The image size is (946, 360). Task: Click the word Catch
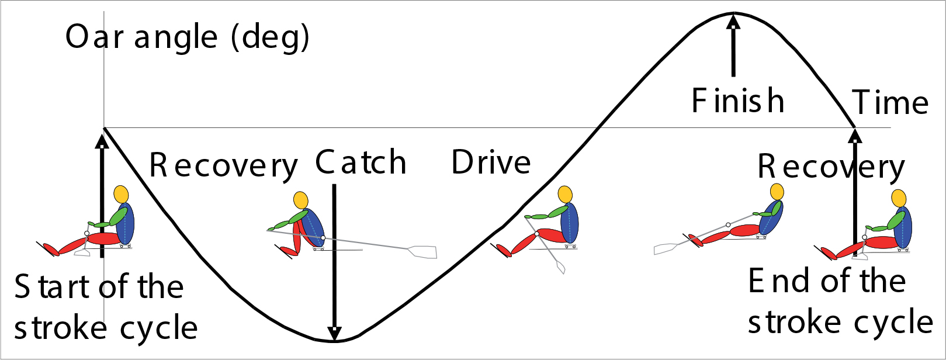click(361, 162)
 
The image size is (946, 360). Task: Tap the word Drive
click(491, 162)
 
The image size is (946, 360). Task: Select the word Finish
click(737, 101)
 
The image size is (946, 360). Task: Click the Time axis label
click(890, 103)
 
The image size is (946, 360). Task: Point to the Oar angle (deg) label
click(187, 37)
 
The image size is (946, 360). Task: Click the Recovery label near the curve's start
click(223, 165)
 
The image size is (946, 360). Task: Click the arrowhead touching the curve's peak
click(733, 21)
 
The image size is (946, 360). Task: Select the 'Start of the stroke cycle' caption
click(105, 307)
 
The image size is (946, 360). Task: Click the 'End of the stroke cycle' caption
click(840, 302)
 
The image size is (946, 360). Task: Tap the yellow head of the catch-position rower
click(300, 200)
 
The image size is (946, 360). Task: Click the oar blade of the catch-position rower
click(422, 252)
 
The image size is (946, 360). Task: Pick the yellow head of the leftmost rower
click(121, 194)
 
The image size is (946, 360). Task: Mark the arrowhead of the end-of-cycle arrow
click(855, 136)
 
